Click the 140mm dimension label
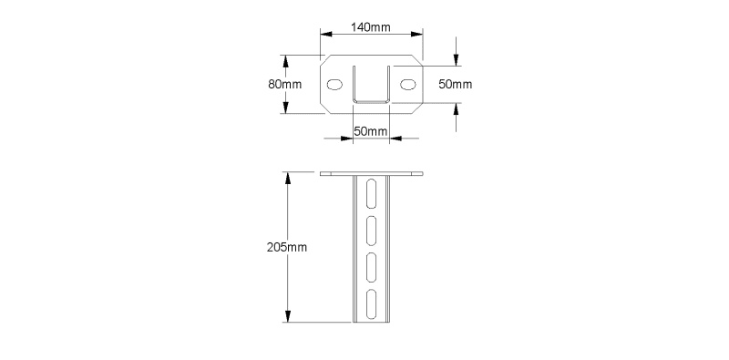tap(371, 27)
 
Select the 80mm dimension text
tap(284, 84)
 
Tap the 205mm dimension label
tap(287, 247)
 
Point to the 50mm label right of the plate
tap(455, 84)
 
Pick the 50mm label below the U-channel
tap(371, 131)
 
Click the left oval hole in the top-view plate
tap(334, 84)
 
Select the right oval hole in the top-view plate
tap(408, 84)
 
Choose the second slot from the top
tap(372, 231)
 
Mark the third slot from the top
tap(372, 267)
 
